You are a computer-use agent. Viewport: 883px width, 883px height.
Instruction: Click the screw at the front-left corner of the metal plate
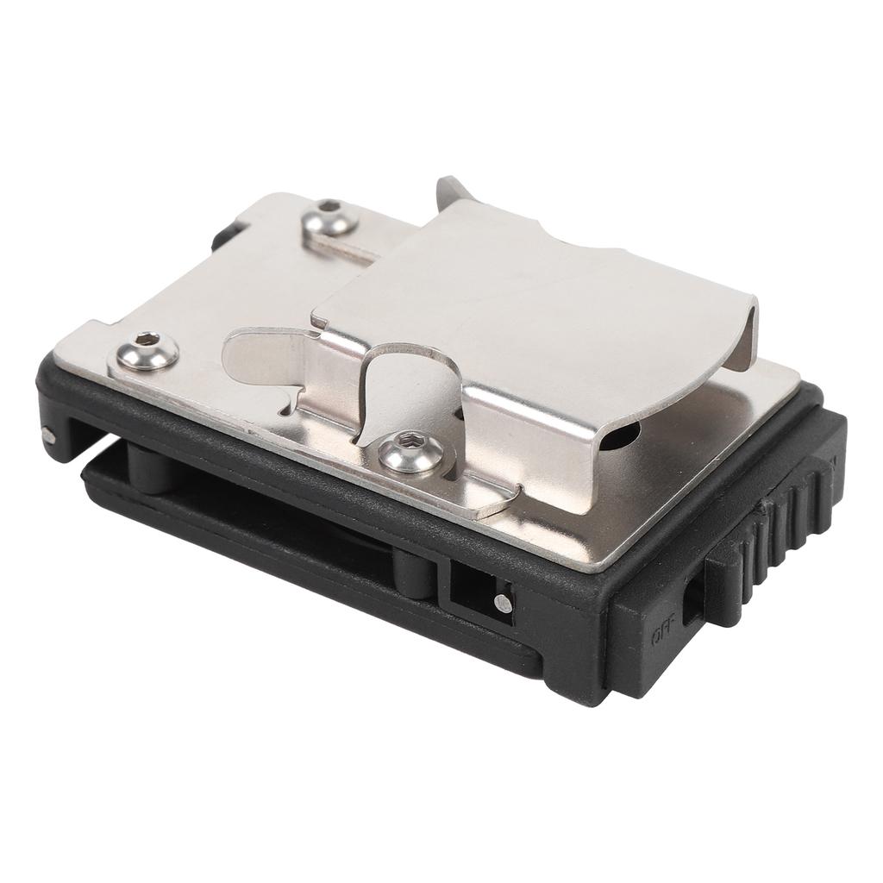tap(148, 352)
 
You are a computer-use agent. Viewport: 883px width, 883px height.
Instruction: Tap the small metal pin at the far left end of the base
tap(48, 435)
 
